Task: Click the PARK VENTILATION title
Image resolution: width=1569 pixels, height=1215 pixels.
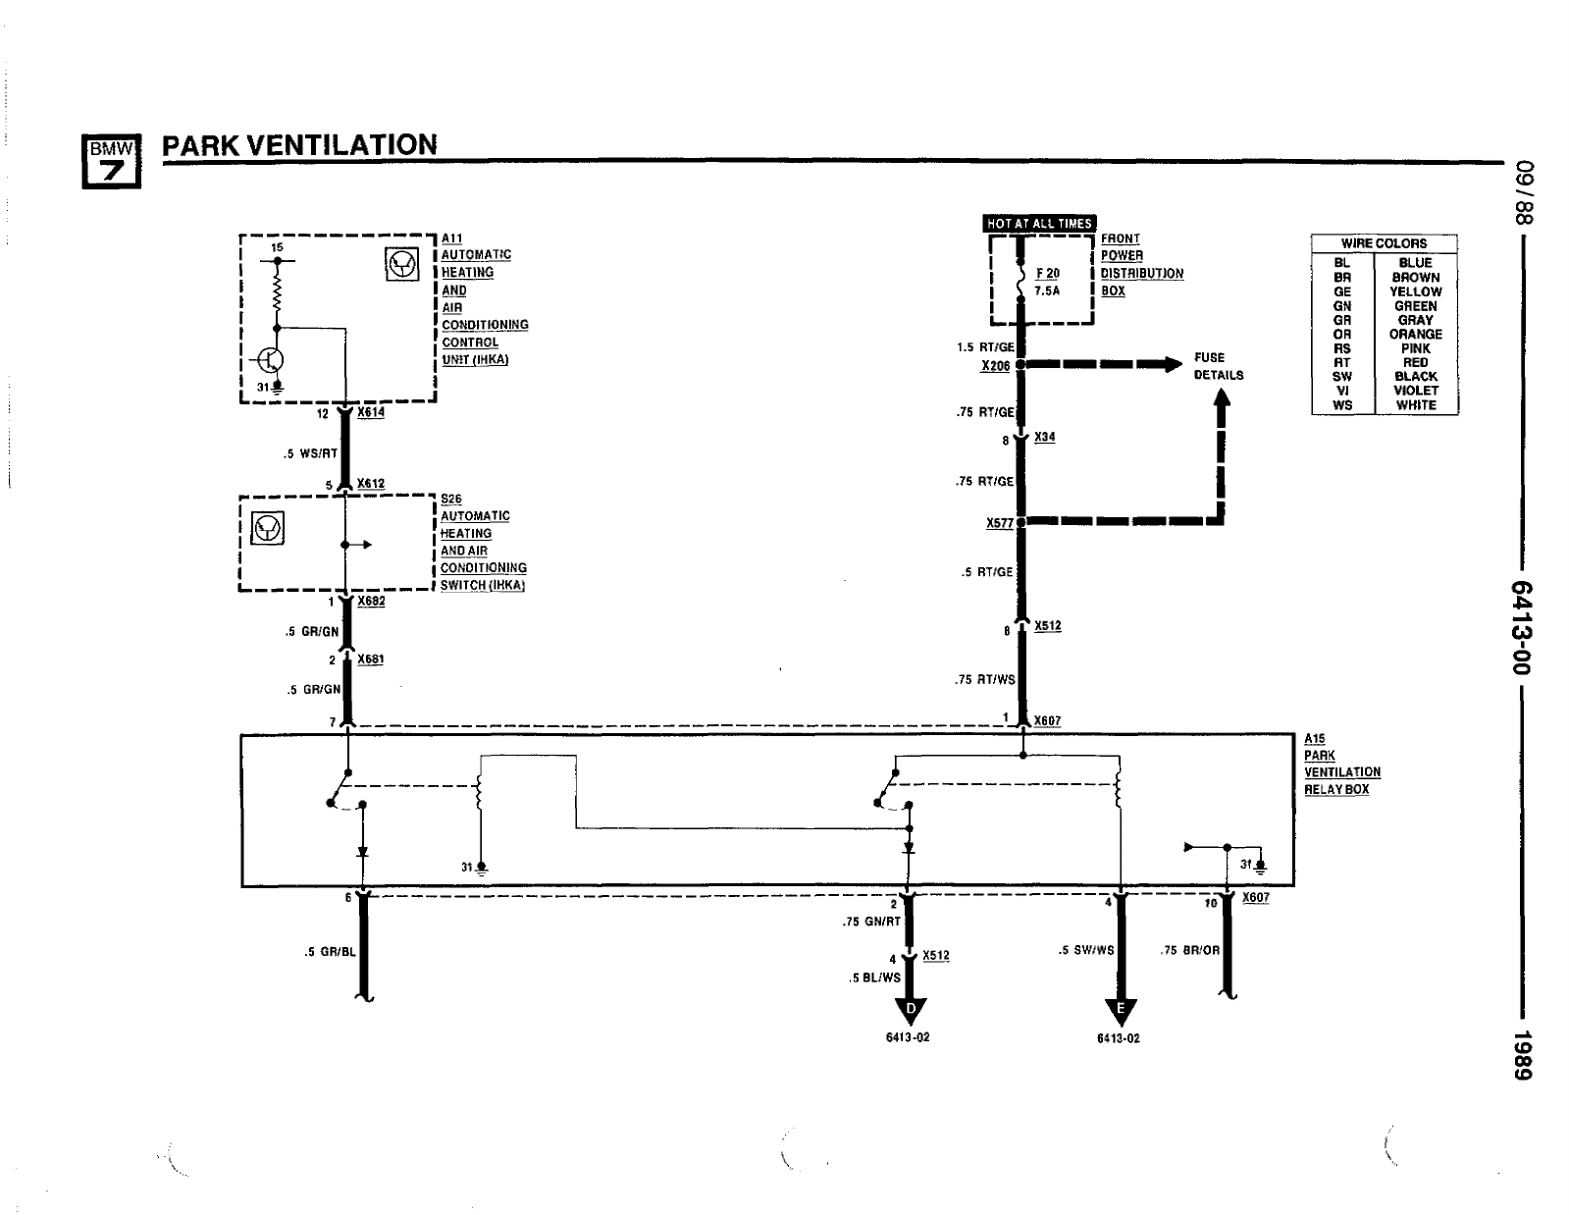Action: pos(299,145)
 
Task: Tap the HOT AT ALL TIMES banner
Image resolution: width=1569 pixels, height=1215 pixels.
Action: pos(1039,224)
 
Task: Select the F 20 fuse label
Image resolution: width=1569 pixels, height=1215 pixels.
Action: pos(1047,274)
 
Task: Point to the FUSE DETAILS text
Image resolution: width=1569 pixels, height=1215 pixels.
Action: pos(1218,366)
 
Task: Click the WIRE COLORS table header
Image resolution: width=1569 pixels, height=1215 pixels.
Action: pos(1384,243)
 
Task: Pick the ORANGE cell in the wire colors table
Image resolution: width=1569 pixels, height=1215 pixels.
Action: pos(1415,334)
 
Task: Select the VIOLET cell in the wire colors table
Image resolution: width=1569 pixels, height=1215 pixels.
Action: pos(1415,390)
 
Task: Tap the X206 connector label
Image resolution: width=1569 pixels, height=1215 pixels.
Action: pos(995,366)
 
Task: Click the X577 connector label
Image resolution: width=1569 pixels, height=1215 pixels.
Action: pos(999,523)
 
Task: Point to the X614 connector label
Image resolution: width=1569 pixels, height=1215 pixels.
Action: pos(371,413)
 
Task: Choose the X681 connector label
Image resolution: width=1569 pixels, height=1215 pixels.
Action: pos(370,660)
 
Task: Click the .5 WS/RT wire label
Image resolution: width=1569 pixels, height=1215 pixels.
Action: pos(310,453)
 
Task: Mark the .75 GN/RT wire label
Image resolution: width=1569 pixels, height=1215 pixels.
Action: pos(871,922)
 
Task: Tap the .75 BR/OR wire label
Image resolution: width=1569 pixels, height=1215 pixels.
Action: pos(1189,950)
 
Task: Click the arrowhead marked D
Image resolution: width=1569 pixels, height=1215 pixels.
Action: pos(913,1011)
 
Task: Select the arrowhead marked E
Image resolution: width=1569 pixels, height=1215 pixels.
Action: pos(1120,1011)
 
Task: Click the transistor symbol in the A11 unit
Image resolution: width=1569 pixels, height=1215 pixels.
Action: pos(271,360)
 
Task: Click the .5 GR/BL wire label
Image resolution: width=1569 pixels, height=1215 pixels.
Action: pos(330,950)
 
